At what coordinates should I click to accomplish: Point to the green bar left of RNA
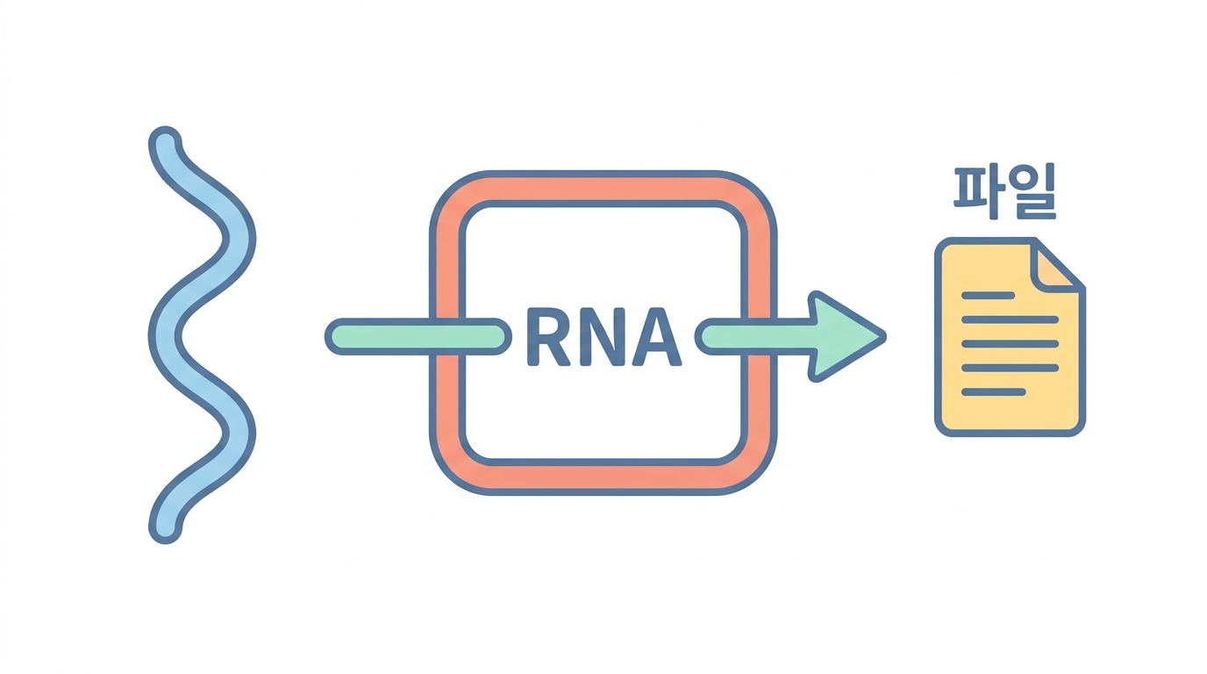[418, 336]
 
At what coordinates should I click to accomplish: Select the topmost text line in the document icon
[989, 296]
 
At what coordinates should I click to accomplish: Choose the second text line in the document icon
[1011, 319]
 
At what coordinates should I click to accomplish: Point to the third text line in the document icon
[1011, 344]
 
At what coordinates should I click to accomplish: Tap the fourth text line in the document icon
[1011, 369]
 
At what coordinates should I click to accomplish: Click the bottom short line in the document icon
[994, 392]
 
